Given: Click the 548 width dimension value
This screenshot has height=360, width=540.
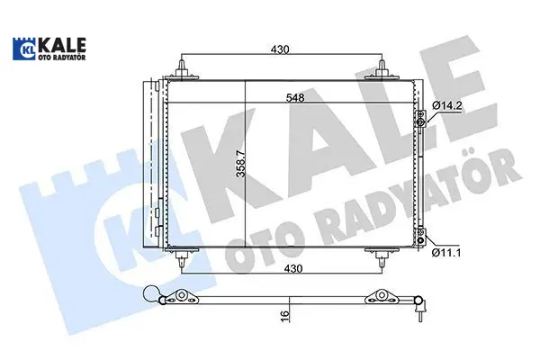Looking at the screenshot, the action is tap(295, 98).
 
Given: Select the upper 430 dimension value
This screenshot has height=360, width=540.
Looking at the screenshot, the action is tap(280, 49).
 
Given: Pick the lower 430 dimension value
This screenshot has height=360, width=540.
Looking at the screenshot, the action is tap(293, 268).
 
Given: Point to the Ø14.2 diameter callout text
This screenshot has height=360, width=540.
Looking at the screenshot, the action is tap(447, 106).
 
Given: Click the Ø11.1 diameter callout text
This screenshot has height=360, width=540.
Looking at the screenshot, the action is tap(446, 253).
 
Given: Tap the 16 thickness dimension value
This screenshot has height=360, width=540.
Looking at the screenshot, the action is tap(284, 316).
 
